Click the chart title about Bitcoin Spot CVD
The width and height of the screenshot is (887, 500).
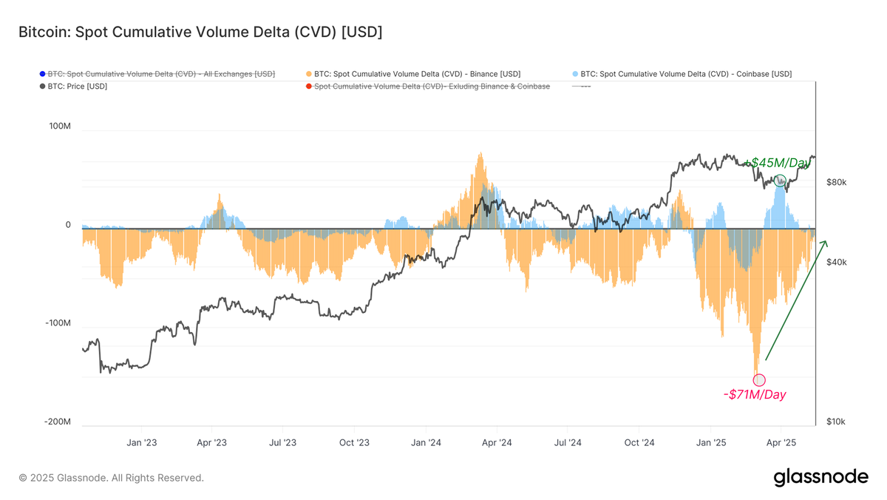(200, 32)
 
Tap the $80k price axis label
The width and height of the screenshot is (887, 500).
(835, 183)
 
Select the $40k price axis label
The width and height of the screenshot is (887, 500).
(835, 263)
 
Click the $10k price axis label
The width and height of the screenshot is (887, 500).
(835, 422)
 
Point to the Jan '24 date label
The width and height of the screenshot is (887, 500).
(426, 443)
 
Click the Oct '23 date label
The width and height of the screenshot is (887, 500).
(354, 443)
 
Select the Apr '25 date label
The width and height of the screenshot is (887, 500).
(781, 443)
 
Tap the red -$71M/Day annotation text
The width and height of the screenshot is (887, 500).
(755, 395)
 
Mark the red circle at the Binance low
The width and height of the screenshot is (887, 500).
(759, 380)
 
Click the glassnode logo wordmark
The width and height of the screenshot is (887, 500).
(820, 478)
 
